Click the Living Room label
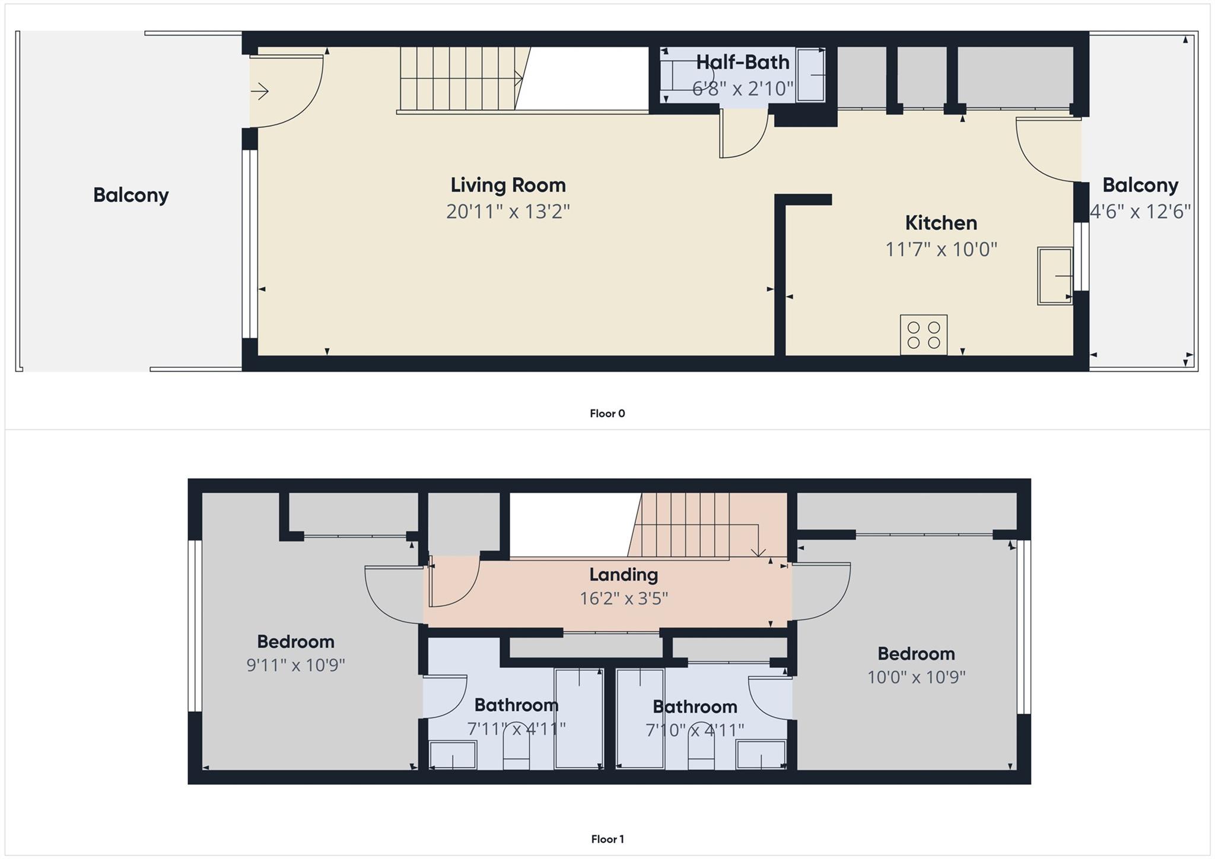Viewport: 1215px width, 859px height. click(x=508, y=185)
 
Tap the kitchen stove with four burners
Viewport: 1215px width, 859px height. click(x=923, y=335)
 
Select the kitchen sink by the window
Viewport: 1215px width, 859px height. click(x=1055, y=276)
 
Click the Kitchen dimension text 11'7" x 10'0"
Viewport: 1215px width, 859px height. click(x=941, y=249)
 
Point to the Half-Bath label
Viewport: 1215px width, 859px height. click(x=742, y=62)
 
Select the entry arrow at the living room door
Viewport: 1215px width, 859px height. click(x=260, y=91)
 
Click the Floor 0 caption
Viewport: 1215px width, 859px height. click(x=607, y=413)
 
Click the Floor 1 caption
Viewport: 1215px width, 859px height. click(x=607, y=839)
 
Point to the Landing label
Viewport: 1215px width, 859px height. click(x=623, y=574)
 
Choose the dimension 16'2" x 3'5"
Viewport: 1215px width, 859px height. click(x=624, y=598)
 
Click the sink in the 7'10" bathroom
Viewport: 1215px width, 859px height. click(x=761, y=755)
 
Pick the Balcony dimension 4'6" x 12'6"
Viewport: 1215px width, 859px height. click(x=1140, y=212)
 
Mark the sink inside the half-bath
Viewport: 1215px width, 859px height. click(x=810, y=75)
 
